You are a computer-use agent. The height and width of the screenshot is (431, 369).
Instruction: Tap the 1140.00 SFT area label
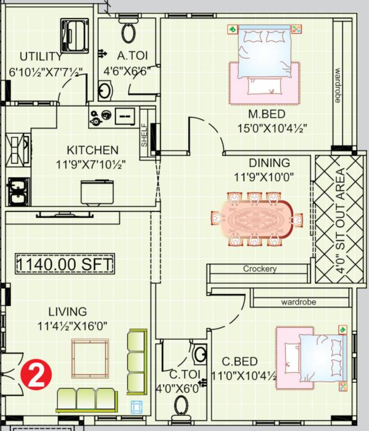[65, 263]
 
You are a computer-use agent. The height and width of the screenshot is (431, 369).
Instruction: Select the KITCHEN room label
[93, 150]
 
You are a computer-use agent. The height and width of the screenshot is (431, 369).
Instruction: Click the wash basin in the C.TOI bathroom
[199, 354]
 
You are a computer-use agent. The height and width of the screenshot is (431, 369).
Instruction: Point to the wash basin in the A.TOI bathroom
[105, 90]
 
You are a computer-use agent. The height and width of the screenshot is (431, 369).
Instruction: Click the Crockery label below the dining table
[259, 269]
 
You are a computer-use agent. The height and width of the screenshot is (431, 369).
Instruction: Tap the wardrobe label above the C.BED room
[298, 302]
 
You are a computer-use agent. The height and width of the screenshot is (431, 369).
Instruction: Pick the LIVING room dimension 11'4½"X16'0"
[72, 325]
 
